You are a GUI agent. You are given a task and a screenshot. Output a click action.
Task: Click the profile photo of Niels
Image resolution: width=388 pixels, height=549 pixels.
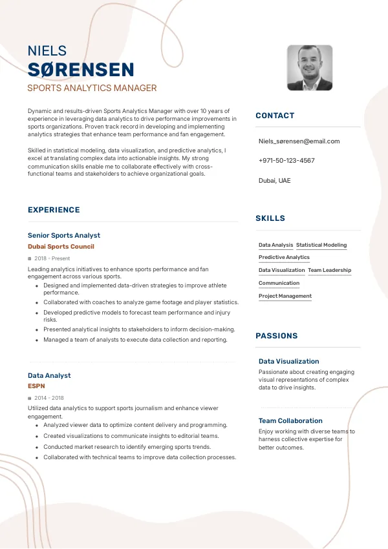(x=310, y=67)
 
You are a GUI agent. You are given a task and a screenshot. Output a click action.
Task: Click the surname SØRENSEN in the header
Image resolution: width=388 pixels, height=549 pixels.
(x=81, y=70)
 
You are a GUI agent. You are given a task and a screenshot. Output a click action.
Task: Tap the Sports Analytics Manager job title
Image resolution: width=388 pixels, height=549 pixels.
(x=92, y=88)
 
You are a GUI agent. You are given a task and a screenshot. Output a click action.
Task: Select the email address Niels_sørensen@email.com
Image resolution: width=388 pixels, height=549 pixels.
(x=299, y=141)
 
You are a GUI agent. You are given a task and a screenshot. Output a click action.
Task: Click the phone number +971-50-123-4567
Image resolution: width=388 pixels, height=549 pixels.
(x=286, y=160)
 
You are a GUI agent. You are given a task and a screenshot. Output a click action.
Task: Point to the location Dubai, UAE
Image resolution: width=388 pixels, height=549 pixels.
(x=274, y=180)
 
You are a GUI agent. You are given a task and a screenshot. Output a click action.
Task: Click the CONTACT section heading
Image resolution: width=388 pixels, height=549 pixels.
(x=275, y=116)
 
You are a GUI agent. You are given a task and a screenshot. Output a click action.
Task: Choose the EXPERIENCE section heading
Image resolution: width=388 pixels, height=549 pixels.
(x=54, y=210)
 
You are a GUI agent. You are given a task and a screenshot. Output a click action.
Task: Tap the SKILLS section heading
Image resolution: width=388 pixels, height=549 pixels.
(x=270, y=218)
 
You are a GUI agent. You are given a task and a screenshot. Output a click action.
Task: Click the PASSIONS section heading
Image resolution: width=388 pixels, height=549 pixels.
(x=277, y=336)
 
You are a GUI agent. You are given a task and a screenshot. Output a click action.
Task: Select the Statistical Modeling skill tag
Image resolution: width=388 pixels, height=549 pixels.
(x=321, y=245)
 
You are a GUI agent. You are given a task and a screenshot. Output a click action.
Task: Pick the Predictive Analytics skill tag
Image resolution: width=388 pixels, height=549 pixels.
(x=284, y=258)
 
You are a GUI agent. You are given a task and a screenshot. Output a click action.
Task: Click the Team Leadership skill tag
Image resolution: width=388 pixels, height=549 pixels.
(x=329, y=271)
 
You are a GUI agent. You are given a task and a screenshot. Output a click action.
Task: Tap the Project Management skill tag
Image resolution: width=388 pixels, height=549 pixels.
(x=285, y=296)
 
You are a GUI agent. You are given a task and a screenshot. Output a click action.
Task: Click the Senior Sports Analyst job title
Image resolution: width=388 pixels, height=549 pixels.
(x=64, y=236)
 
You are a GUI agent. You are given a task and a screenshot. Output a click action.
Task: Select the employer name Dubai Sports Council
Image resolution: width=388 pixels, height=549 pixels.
(x=61, y=247)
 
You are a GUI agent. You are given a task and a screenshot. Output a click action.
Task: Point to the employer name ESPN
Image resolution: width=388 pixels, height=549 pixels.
(x=36, y=386)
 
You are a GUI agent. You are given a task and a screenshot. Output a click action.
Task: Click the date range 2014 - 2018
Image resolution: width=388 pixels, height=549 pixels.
(x=49, y=398)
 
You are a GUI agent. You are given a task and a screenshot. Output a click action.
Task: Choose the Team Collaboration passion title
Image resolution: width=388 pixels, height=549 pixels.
(x=290, y=420)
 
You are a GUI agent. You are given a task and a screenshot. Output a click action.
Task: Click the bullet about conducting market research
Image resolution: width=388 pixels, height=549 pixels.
(x=127, y=446)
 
